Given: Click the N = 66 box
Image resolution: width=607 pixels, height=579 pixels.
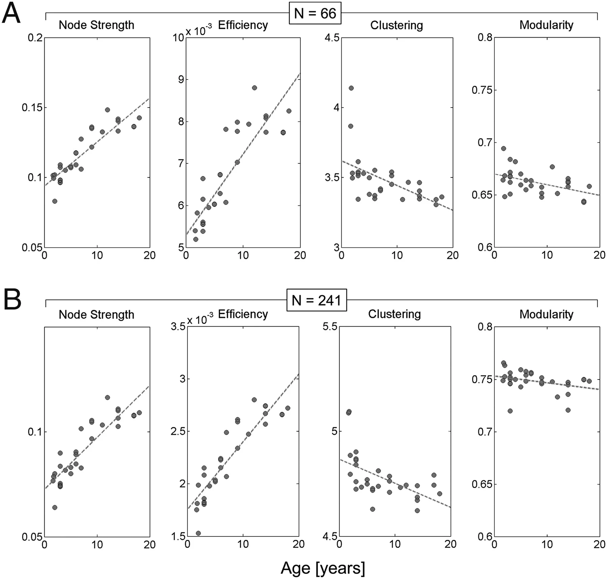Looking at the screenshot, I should pos(315,13).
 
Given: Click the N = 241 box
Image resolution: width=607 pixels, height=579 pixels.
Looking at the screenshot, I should pos(316,300).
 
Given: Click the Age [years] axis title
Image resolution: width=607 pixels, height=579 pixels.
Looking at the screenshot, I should pos(323,568).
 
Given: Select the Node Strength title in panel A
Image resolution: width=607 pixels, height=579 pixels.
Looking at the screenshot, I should pos(96,25).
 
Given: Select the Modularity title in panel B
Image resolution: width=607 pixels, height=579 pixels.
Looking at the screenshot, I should pos(546,314).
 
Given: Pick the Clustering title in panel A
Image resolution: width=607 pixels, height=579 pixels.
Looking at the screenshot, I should pos(397,25).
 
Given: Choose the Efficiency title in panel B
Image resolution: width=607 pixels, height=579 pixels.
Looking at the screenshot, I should pos(243,314).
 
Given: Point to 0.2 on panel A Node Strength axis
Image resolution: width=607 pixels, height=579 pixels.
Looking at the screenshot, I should pos(35,37).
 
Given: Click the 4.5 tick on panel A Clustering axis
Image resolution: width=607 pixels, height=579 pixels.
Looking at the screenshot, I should pos(332,37).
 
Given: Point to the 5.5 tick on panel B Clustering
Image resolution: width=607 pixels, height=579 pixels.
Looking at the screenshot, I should pos(330,326).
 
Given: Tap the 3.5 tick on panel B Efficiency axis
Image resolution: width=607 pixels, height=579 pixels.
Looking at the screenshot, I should pos(178,326).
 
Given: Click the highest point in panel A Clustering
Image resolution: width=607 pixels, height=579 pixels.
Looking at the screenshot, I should pos(351,88).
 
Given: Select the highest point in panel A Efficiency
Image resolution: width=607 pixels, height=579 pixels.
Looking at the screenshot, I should pos(254,88).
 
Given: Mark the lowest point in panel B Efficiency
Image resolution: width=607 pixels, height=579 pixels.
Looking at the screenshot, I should pos(198,533).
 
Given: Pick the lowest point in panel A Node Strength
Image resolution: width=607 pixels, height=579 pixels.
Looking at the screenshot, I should pos(55,201).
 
